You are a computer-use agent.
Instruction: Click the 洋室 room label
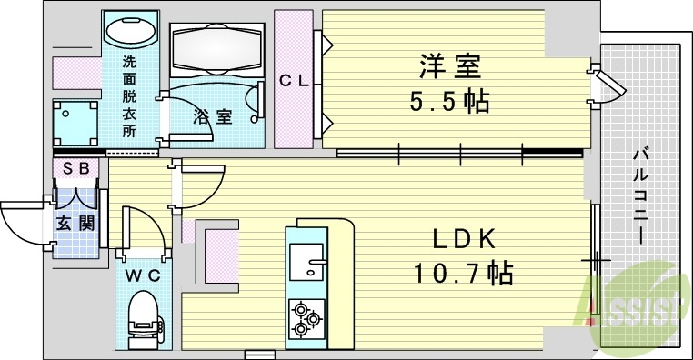[450, 66]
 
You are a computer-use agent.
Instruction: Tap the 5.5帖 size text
[449, 100]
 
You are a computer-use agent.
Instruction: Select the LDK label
[464, 238]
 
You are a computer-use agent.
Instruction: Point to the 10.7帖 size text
[463, 272]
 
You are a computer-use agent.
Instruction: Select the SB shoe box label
[75, 169]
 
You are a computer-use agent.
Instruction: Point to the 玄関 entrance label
[75, 223]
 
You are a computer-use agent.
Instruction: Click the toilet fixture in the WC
[144, 315]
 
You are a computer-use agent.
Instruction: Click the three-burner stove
[306, 319]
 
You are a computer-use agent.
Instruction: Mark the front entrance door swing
[23, 223]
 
